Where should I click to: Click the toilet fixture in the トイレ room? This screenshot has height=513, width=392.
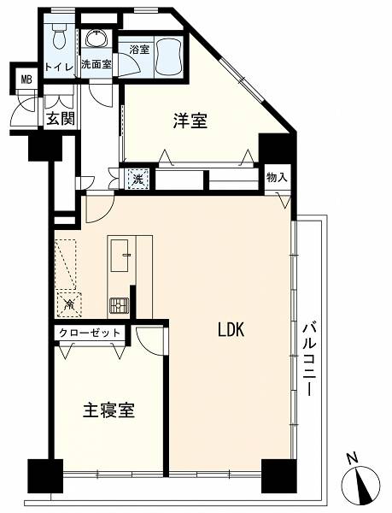(59, 38)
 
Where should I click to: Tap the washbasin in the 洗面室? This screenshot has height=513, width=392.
(97, 38)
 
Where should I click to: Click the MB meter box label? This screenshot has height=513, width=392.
(26, 79)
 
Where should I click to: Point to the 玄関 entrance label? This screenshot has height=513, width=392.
(61, 119)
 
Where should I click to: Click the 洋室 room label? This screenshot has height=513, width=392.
(190, 121)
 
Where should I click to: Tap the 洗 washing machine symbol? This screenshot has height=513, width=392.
(138, 179)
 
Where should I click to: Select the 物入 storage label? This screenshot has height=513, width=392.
(277, 178)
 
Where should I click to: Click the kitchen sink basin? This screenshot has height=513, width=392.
(120, 256)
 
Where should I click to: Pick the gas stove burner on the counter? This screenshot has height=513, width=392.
(119, 306)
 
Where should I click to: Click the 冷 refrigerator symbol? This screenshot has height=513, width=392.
(69, 304)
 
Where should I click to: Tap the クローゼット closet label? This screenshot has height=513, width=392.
(90, 333)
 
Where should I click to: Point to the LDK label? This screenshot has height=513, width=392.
(231, 329)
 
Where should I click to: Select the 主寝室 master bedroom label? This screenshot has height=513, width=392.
(108, 410)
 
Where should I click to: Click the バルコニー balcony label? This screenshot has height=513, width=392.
(308, 359)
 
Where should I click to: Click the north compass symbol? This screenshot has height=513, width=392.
(360, 483)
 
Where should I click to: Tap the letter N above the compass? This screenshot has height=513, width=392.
(352, 458)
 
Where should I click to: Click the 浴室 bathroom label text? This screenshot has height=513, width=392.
(140, 50)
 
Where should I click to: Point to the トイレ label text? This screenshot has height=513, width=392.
(59, 67)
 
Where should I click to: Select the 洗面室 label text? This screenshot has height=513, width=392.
(97, 64)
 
